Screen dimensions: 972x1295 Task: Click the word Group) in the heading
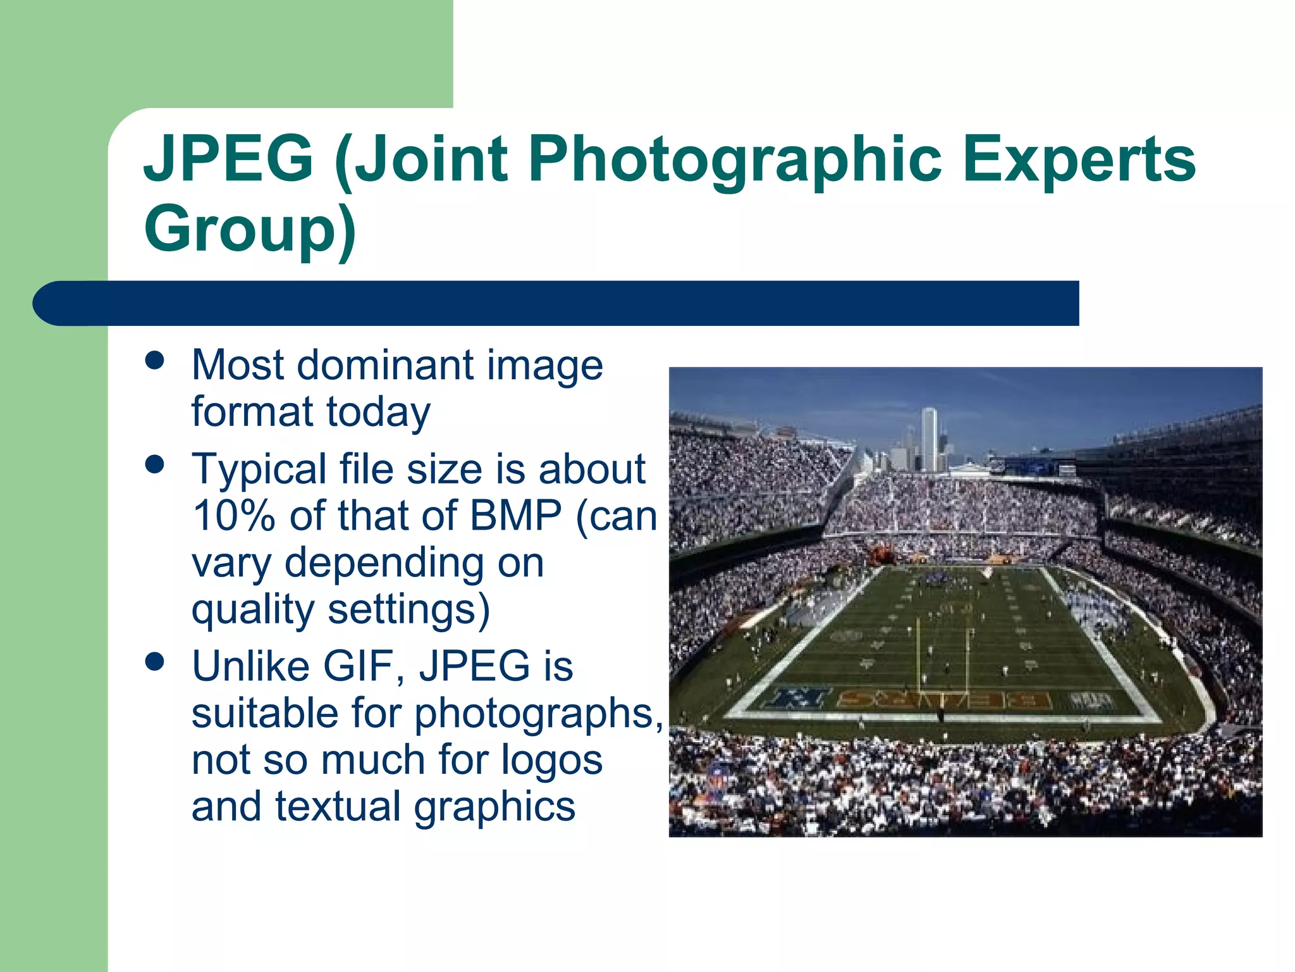tap(250, 229)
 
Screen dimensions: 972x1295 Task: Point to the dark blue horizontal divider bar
tap(556, 303)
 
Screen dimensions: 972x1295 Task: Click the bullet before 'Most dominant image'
tap(154, 361)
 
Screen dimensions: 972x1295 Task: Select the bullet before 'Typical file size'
tap(154, 465)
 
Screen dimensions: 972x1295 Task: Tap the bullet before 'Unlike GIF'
tap(154, 663)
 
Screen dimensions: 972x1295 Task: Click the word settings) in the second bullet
tap(408, 610)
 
